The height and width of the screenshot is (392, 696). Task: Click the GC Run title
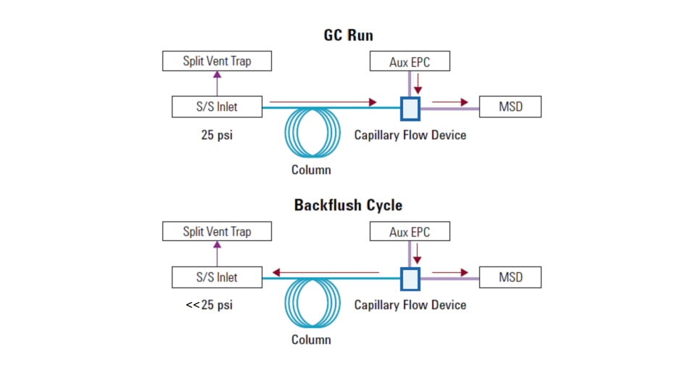pyautogui.click(x=348, y=35)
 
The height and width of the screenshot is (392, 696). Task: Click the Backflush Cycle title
pyautogui.click(x=348, y=205)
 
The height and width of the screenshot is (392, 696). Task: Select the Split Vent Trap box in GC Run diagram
pyautogui.click(x=217, y=61)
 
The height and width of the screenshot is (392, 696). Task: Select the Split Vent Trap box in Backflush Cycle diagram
pyautogui.click(x=217, y=232)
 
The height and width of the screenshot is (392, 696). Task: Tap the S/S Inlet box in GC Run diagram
pyautogui.click(x=217, y=107)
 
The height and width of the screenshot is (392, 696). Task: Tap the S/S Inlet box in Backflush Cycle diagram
pyautogui.click(x=217, y=277)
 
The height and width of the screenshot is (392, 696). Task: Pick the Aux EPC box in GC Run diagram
pyautogui.click(x=410, y=62)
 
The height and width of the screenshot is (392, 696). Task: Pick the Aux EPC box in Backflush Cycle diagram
pyautogui.click(x=410, y=232)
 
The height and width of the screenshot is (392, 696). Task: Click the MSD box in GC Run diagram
pyautogui.click(x=510, y=107)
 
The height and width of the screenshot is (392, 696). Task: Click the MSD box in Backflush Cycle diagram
pyautogui.click(x=510, y=277)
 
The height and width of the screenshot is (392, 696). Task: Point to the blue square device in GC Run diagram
pyautogui.click(x=410, y=108)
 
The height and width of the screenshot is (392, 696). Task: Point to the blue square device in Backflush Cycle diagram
pyautogui.click(x=410, y=278)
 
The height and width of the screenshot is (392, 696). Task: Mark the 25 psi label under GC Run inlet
pyautogui.click(x=217, y=135)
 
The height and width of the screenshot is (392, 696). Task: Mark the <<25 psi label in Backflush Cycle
pyautogui.click(x=209, y=305)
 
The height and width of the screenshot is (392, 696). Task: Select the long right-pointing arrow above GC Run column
pyautogui.click(x=323, y=102)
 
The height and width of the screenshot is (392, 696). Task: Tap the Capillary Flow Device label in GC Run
pyautogui.click(x=410, y=135)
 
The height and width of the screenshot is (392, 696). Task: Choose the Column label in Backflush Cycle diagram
pyautogui.click(x=311, y=340)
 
